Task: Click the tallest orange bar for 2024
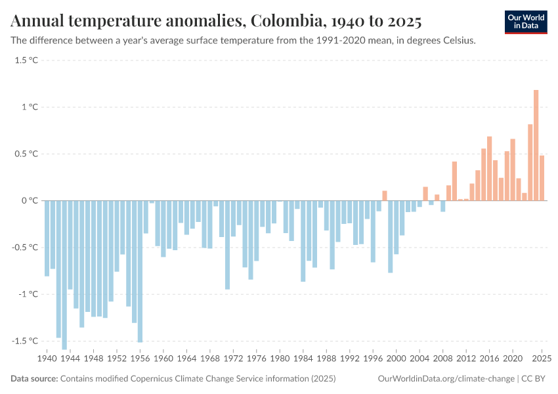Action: coord(536,145)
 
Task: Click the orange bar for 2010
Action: coord(454,181)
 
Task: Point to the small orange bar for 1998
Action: coord(385,196)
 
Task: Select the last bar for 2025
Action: coord(542,178)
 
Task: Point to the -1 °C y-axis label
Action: coord(27,294)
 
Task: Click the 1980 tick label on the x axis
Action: coord(280,359)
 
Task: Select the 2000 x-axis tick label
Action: coord(396,359)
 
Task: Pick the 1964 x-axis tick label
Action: coord(186,359)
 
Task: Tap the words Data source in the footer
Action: coord(33,379)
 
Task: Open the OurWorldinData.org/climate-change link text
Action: coord(446,379)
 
